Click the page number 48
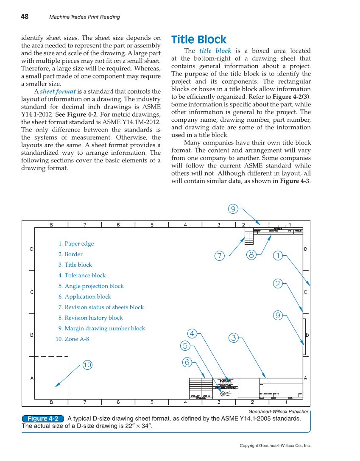[25, 17]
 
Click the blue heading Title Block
[199, 40]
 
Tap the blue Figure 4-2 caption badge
[43, 419]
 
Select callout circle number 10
[87, 365]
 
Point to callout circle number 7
[219, 256]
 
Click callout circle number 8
[251, 255]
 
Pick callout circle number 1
[277, 255]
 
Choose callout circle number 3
[233, 338]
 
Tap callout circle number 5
[185, 346]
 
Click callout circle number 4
[193, 333]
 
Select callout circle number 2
[277, 284]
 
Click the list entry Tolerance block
[82, 276]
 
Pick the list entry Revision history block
[91, 318]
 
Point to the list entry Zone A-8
[73, 339]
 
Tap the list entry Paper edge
[76, 244]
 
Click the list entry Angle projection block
[91, 286]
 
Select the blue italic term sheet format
[58, 91]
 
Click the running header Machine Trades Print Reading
[84, 17]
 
